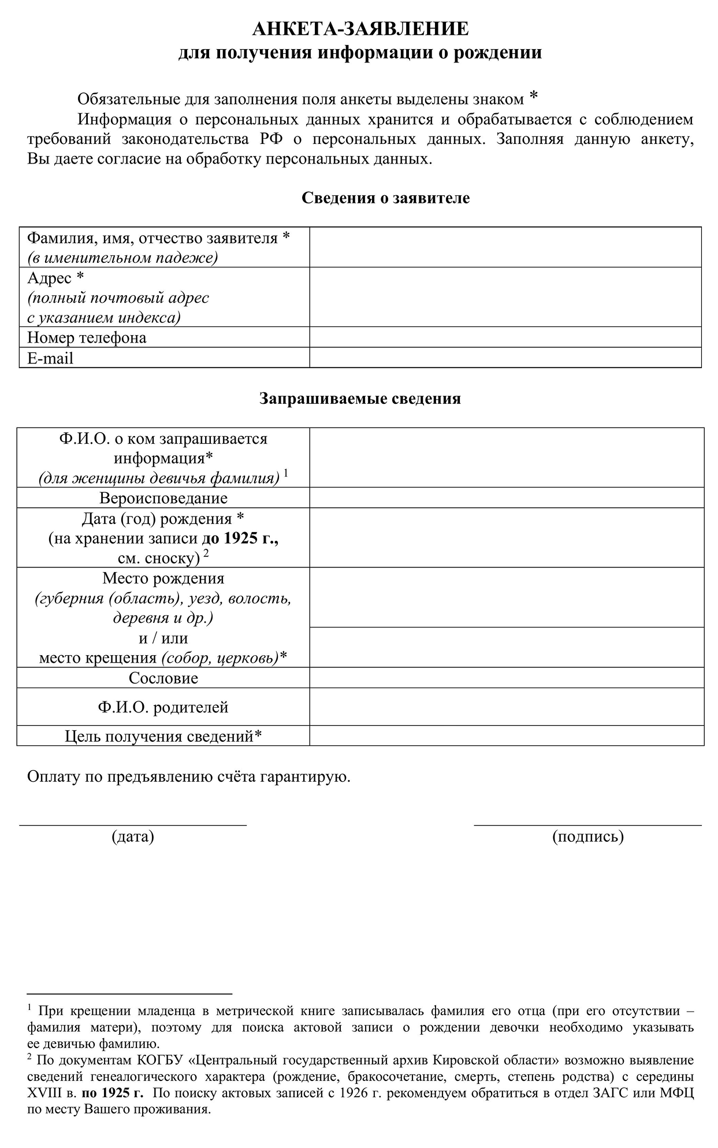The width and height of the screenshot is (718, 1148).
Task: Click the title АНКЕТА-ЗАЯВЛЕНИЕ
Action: pyautogui.click(x=360, y=28)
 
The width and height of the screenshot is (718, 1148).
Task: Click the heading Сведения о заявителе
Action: pyautogui.click(x=385, y=198)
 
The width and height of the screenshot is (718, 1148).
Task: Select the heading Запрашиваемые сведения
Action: pyautogui.click(x=359, y=399)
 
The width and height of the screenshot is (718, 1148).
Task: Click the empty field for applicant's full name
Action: pyautogui.click(x=505, y=247)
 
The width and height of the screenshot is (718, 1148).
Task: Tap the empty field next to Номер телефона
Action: pyautogui.click(x=505, y=337)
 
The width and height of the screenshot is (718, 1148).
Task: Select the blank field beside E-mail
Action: pyautogui.click(x=505, y=358)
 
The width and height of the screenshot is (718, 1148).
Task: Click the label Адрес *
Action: pyautogui.click(x=55, y=278)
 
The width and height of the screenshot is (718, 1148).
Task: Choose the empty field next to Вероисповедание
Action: pyautogui.click(x=507, y=497)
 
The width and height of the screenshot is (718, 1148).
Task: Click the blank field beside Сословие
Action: pyautogui.click(x=507, y=678)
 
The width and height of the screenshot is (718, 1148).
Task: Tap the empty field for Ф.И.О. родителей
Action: pyautogui.click(x=507, y=707)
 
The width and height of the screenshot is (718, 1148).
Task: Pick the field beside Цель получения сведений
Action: pyautogui.click(x=507, y=735)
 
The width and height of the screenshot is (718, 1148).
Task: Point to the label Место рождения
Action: pyautogui.click(x=163, y=578)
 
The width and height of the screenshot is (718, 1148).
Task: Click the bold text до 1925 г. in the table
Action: pyautogui.click(x=240, y=539)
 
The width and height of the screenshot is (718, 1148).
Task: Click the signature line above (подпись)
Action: pyautogui.click(x=587, y=824)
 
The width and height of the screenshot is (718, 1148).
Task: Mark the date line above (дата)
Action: pyautogui.click(x=133, y=824)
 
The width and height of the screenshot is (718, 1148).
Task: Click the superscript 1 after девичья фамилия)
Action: pyautogui.click(x=286, y=473)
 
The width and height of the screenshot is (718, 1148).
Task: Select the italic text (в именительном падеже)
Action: pyautogui.click(x=122, y=258)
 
